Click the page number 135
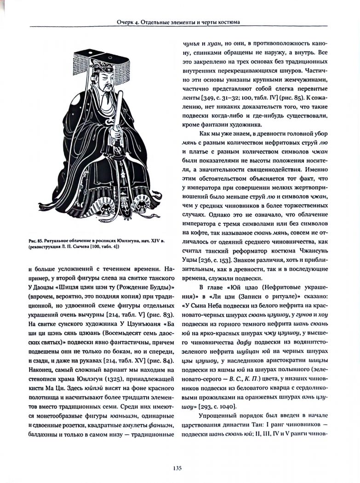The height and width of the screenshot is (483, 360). click(x=179, y=468)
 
